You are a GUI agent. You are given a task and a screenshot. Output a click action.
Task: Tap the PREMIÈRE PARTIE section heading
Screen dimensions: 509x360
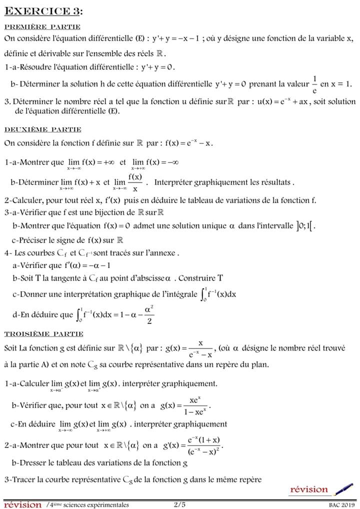click(42, 27)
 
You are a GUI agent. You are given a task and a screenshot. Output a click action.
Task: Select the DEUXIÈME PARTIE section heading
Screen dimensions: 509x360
click(43, 129)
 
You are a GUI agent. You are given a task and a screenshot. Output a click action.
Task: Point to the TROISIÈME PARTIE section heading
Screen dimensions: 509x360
click(44, 333)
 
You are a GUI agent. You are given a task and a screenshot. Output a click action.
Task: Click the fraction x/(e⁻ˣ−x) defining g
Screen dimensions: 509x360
click(200, 348)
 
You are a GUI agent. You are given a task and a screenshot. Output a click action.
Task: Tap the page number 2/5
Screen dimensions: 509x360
click(179, 504)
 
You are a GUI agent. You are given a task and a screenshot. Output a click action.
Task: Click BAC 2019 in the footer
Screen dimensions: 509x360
click(340, 505)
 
